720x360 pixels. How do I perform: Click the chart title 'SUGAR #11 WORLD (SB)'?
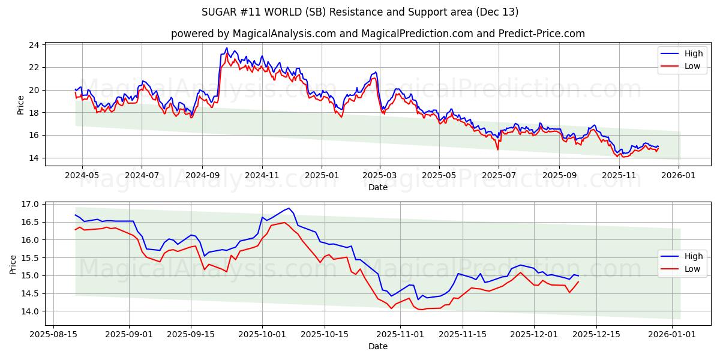[x=360, y=12]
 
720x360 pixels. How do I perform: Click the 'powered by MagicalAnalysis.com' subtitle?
[x=378, y=34]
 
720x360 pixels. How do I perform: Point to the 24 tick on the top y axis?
[x=34, y=45]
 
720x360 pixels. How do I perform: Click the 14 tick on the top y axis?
[x=34, y=158]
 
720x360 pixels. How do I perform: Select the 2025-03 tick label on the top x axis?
[x=379, y=175]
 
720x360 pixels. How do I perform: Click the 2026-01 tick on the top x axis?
[x=679, y=175]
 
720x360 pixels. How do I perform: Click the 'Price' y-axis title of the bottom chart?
[x=13, y=264]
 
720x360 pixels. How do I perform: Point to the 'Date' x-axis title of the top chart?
[x=378, y=187]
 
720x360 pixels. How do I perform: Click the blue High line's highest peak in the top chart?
[x=227, y=48]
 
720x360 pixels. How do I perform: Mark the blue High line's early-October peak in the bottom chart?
[x=289, y=208]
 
